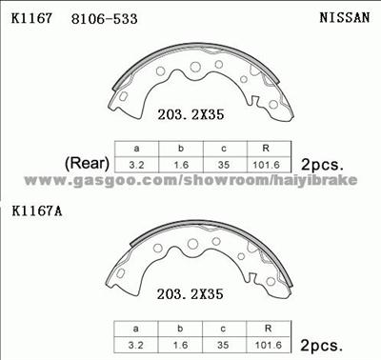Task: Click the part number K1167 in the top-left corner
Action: coord(31,18)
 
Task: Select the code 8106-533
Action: coord(105,19)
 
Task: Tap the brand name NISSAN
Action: coord(345,17)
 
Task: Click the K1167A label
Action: coord(37,211)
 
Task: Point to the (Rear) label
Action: coord(87,164)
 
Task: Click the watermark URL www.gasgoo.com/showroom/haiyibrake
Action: coord(190,180)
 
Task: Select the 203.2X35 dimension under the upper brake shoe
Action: coord(190,114)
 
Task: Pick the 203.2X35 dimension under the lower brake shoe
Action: coord(190,294)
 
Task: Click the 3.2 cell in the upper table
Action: coord(136,165)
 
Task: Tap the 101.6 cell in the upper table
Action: coord(266,165)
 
